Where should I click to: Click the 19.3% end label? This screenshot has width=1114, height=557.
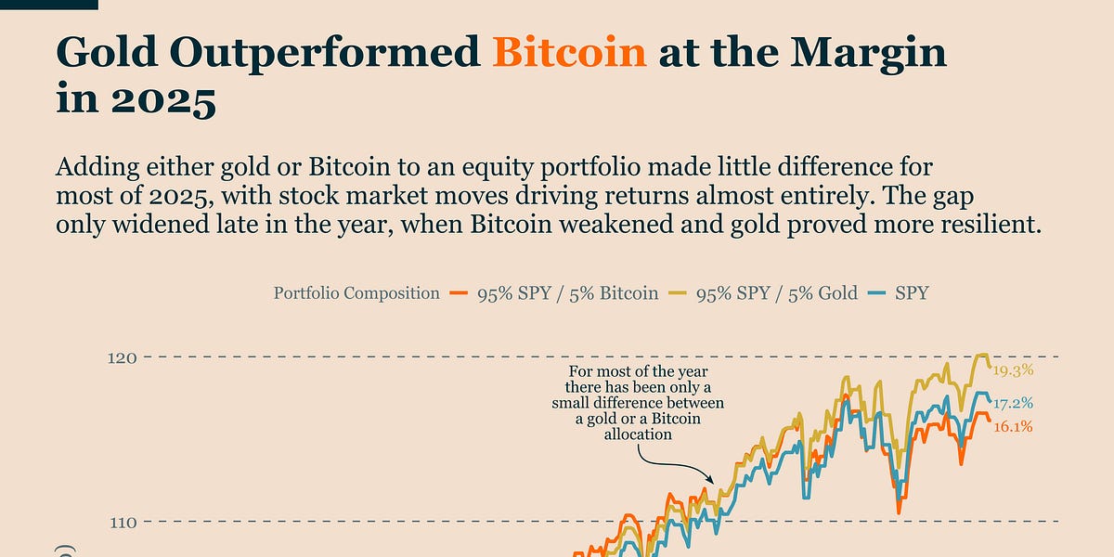(1013, 369)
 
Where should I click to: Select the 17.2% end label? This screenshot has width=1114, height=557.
(1013, 404)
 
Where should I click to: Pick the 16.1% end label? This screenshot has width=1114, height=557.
(1013, 427)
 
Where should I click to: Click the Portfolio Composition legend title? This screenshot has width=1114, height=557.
(356, 293)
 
